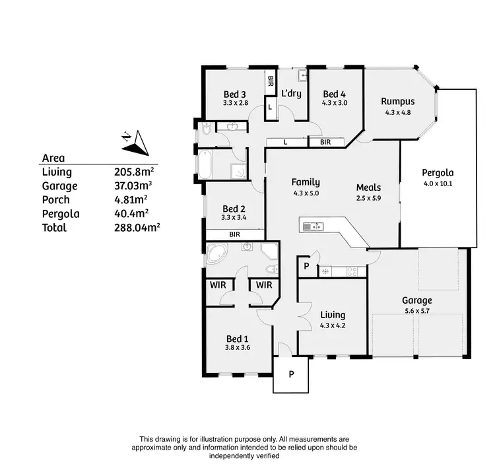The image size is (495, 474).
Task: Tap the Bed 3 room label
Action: click(235, 94)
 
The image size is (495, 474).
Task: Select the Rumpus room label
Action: click(397, 102)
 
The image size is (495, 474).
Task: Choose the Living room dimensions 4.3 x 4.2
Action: click(332, 325)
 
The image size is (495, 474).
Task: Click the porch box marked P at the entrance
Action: click(290, 374)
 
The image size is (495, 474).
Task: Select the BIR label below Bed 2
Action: click(234, 234)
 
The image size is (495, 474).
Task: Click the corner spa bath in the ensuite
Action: click(216, 254)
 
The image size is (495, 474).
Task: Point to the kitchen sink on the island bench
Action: click(312, 227)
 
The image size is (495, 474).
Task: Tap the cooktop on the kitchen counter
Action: click(352, 271)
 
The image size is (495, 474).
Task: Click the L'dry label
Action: click(291, 94)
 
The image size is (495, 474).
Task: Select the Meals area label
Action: click(368, 187)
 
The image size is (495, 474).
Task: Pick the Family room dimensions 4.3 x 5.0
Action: click(306, 193)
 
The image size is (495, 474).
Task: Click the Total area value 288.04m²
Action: click(137, 227)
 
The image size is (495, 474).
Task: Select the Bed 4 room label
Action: click(335, 94)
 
